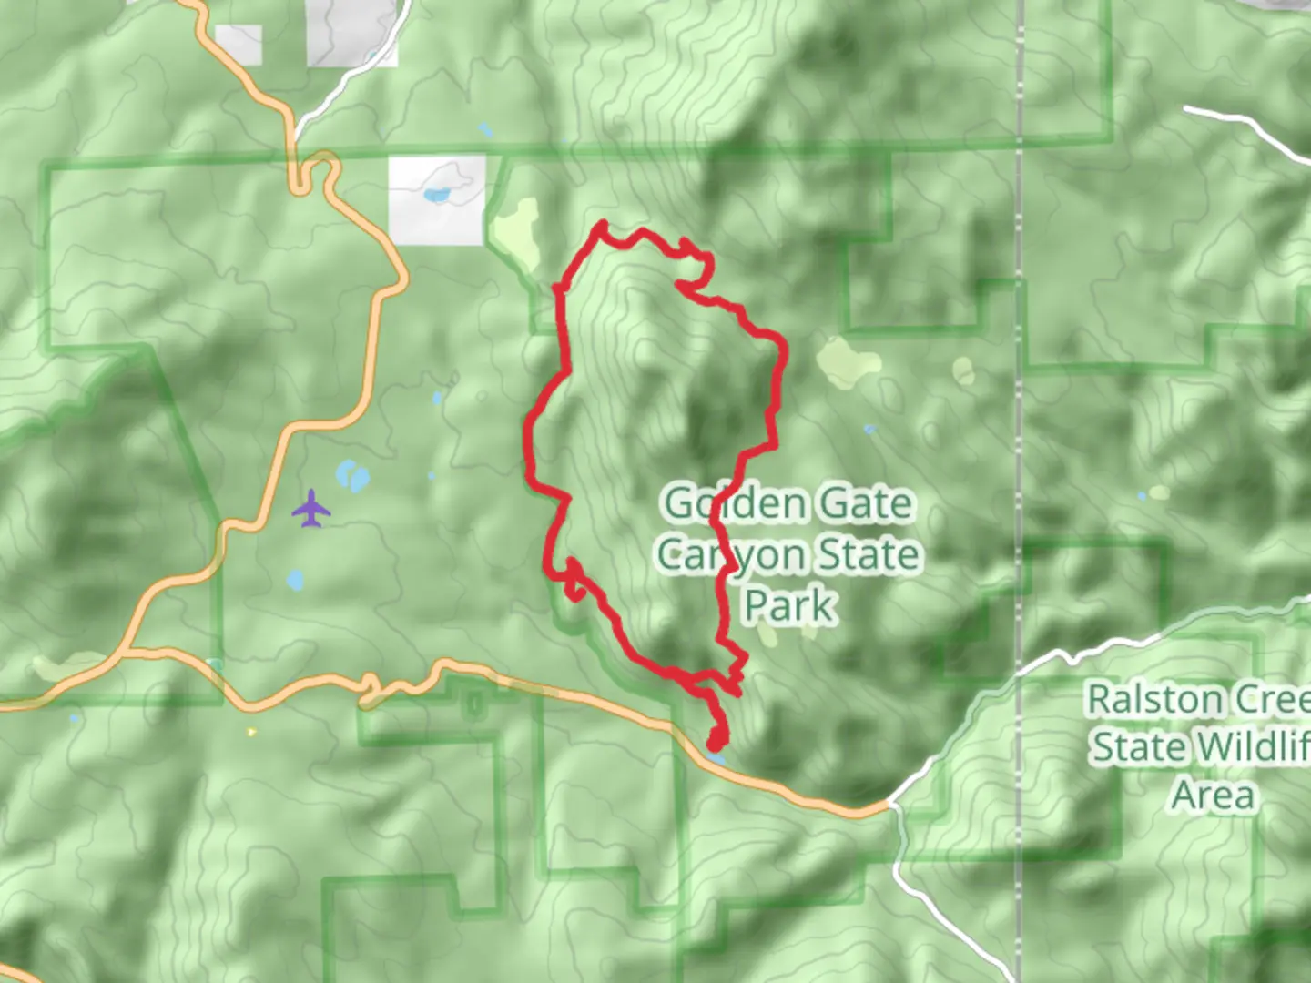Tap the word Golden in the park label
click(x=724, y=503)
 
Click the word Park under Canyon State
click(x=789, y=605)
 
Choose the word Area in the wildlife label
click(x=1214, y=795)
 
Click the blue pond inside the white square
click(x=436, y=195)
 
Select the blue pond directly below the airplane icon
click(x=295, y=580)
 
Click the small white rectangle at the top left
click(x=239, y=45)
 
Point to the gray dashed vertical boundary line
click(x=1021, y=455)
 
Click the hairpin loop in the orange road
click(x=312, y=172)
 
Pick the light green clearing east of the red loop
click(x=848, y=361)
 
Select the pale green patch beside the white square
click(x=515, y=232)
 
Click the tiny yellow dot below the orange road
click(x=251, y=731)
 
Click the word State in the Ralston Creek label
click(x=1142, y=747)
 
